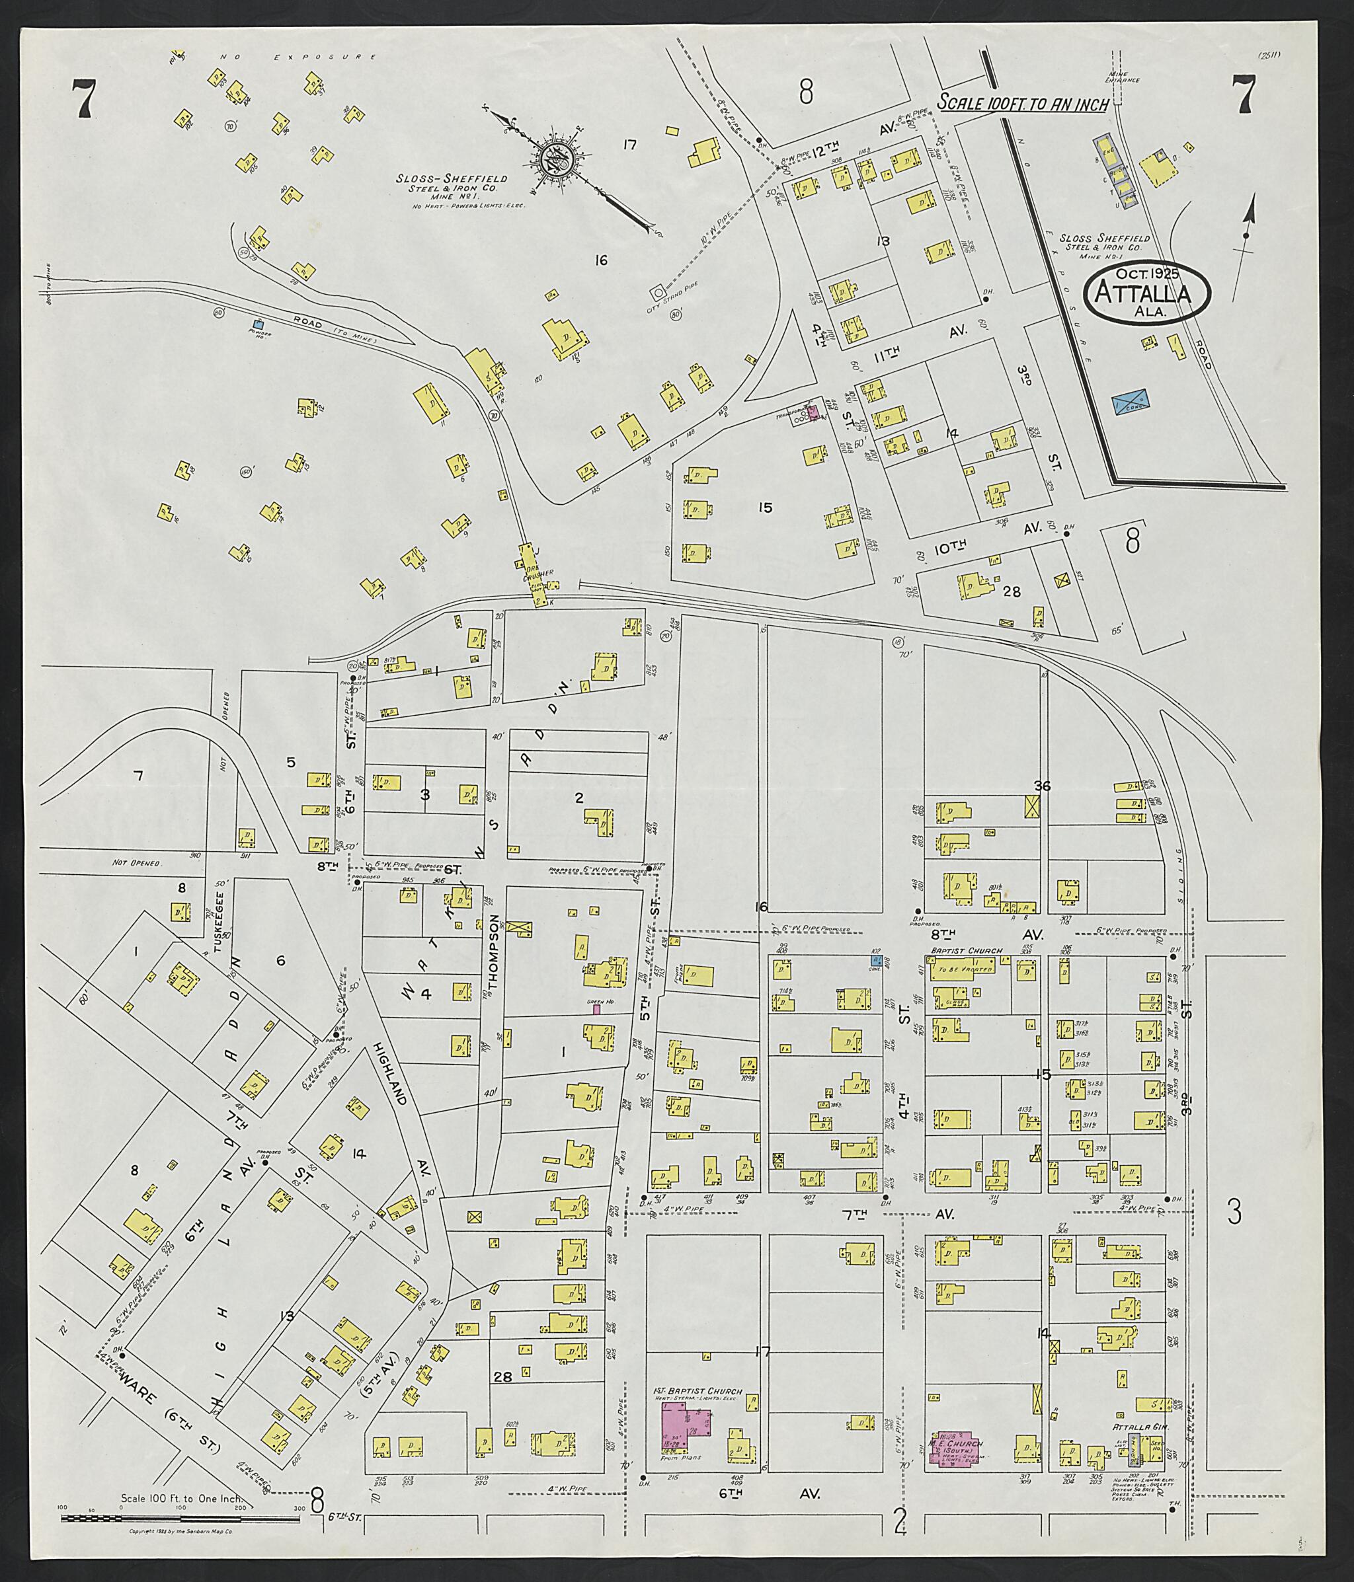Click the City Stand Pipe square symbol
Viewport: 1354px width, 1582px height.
point(657,293)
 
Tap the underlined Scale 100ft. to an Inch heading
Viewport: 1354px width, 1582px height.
point(1023,104)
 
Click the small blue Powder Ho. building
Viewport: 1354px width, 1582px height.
point(258,324)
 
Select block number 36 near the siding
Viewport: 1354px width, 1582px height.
point(1043,786)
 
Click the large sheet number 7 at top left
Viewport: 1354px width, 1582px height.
point(83,99)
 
